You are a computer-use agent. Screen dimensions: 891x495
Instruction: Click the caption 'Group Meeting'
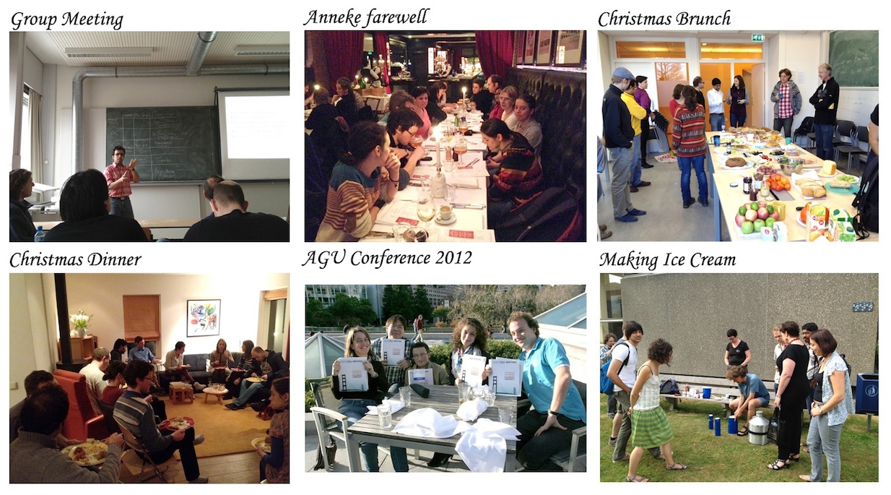pos(67,20)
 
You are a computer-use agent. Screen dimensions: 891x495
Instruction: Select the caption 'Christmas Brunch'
pos(664,19)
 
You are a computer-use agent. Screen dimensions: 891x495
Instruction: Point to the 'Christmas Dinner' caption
pos(76,259)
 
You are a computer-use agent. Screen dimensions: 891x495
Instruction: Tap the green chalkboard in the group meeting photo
pos(163,143)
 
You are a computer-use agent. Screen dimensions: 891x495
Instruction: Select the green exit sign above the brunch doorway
pos(757,38)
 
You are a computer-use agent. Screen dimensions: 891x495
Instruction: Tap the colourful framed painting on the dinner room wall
pos(204,317)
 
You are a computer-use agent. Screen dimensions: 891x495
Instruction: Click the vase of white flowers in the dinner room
pos(81,323)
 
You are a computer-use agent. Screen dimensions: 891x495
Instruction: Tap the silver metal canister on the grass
pos(759,427)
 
